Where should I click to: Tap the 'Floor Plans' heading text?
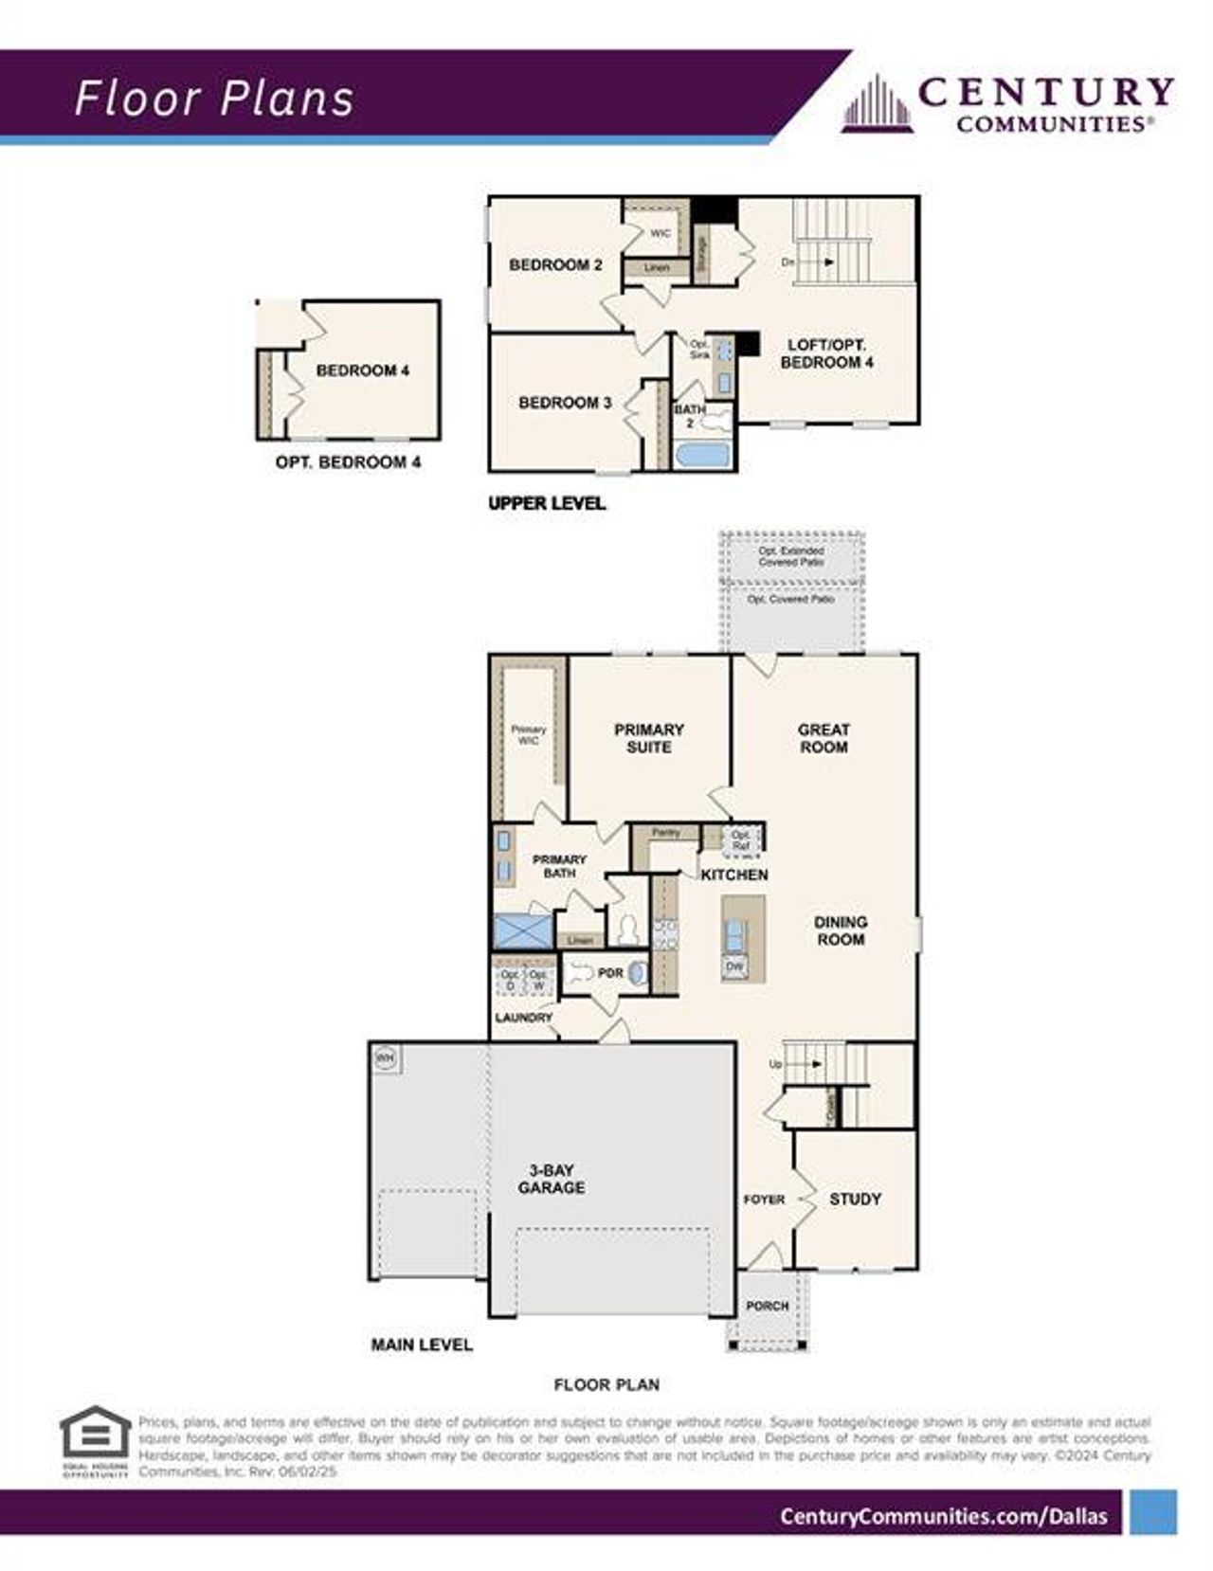coord(214,99)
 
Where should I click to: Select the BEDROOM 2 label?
coord(555,265)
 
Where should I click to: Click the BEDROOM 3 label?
coord(565,403)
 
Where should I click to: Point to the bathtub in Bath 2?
coord(702,455)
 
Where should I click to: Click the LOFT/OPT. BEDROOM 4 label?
coord(826,353)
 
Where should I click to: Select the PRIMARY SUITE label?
coord(649,738)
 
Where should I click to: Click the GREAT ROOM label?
coord(824,738)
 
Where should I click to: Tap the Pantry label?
coord(666,833)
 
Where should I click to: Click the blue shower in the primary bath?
coord(522,930)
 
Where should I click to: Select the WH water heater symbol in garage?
coord(386,1058)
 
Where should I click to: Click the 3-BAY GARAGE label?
coord(552,1179)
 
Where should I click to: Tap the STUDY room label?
coord(855,1199)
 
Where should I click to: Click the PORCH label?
coord(767,1306)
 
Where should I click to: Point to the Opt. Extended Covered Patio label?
coord(791,556)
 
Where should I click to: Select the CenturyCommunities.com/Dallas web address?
coord(943,1516)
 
